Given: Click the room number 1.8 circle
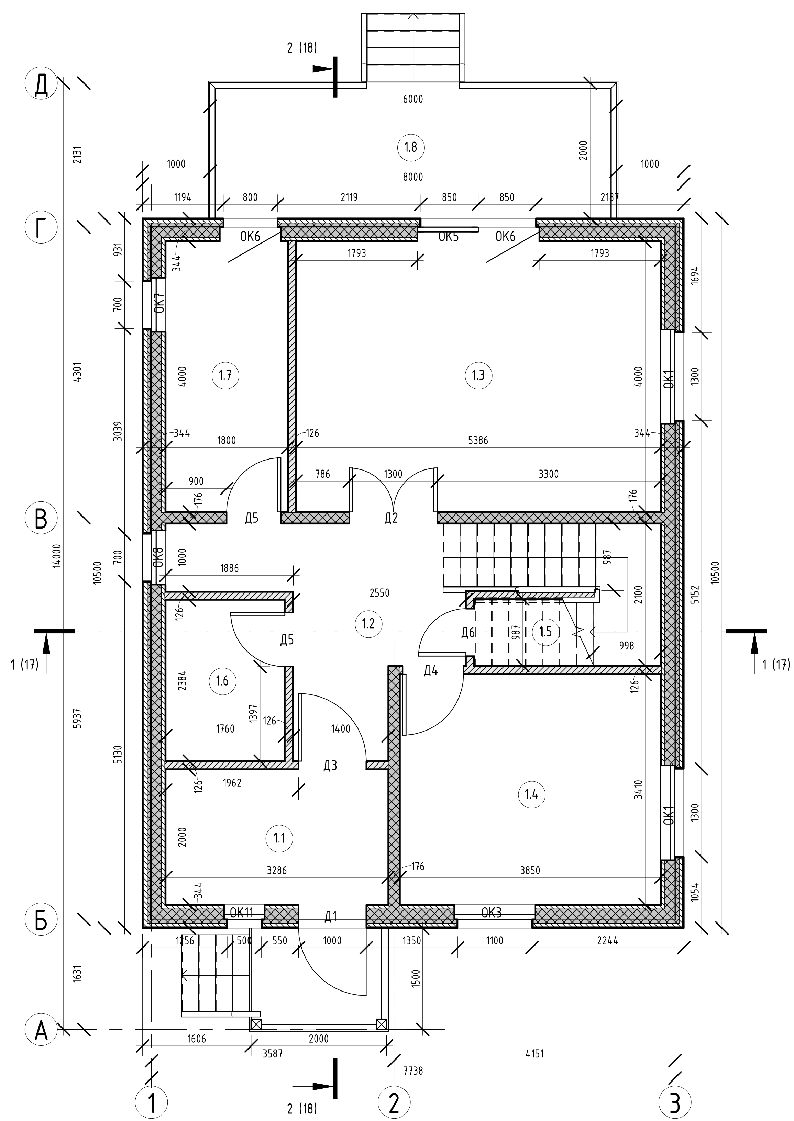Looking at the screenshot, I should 411,147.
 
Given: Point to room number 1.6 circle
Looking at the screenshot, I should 222,680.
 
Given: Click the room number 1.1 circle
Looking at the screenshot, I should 279,838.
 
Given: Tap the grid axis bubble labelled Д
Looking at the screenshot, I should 41,86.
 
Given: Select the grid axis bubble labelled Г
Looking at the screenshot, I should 41,227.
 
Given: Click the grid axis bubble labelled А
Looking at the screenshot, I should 41,1030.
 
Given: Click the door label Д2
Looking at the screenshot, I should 391,518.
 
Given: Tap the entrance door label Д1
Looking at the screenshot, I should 331,916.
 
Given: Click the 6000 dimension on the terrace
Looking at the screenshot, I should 413,99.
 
